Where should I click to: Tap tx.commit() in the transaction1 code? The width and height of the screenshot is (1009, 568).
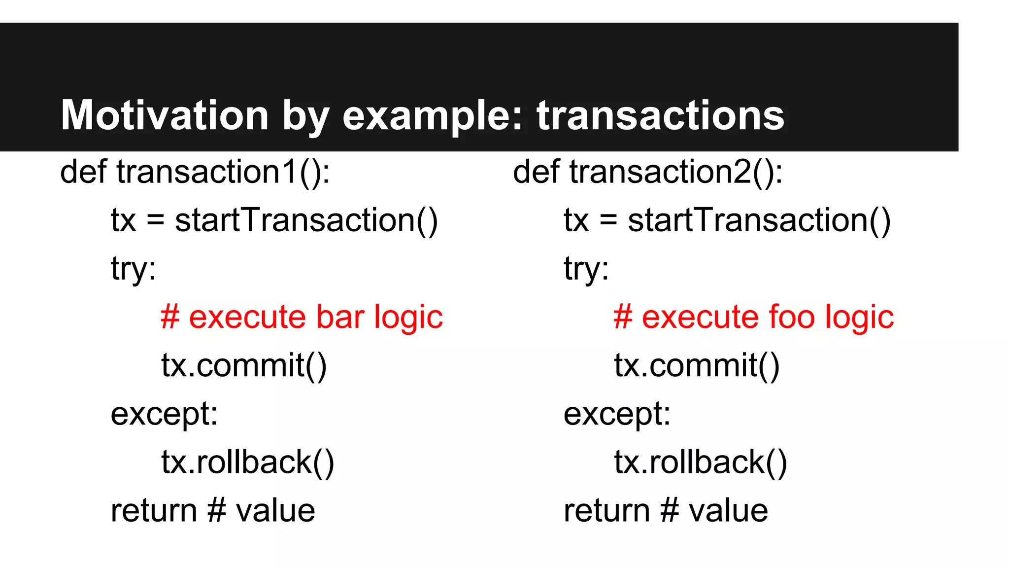244,365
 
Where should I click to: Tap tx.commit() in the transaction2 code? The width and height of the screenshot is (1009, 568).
697,365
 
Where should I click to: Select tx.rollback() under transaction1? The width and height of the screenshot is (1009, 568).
248,462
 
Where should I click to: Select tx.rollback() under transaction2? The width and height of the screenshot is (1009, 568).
701,462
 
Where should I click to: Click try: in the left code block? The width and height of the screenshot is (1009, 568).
134,269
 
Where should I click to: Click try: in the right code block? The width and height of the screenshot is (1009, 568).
586,269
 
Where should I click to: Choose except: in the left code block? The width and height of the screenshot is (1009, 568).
164,414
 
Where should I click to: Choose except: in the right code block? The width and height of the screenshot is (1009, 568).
617,414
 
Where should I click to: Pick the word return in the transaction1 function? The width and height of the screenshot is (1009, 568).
154,510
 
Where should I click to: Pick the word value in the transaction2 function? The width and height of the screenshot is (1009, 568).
728,510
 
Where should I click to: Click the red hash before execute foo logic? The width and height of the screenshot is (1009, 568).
623,317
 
